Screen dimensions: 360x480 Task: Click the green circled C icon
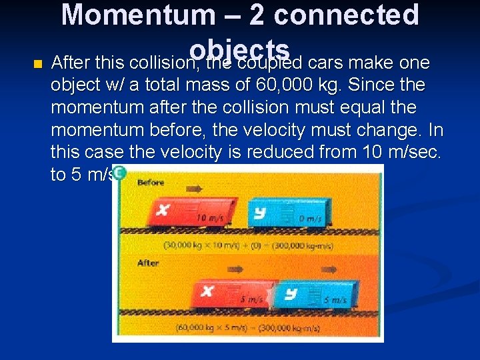click(x=119, y=173)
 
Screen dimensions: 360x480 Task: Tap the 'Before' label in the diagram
click(x=151, y=182)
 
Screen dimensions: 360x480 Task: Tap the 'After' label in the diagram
click(x=148, y=263)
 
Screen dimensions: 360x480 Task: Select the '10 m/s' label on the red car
click(x=210, y=218)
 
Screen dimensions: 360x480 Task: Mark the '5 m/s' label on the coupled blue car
click(x=335, y=301)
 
